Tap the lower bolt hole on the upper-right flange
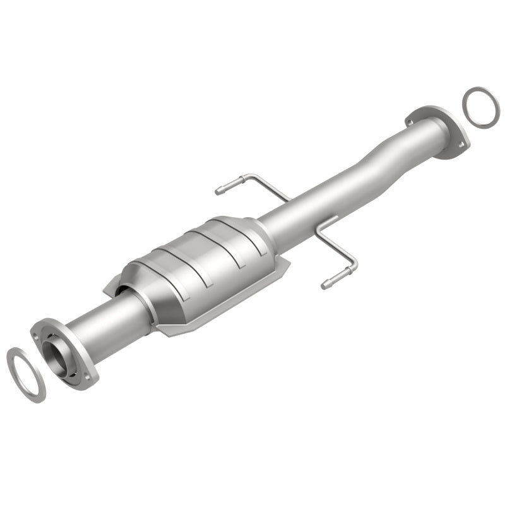point(461,146)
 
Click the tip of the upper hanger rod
point(218,189)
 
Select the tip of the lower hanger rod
point(324,285)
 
